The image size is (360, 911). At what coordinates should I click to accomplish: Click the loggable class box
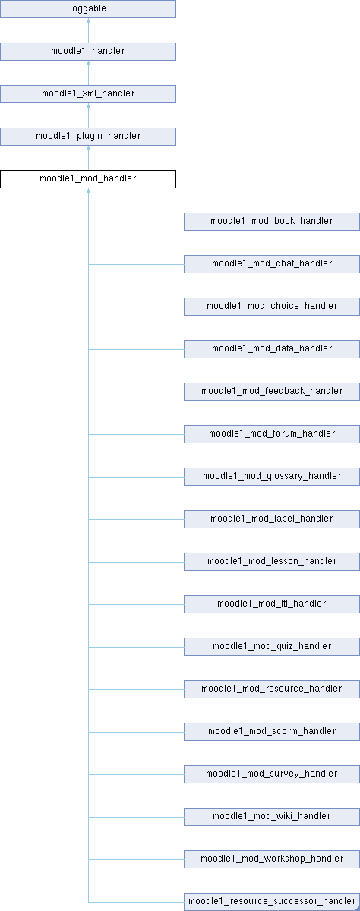point(88,9)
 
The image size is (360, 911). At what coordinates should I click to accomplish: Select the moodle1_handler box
point(88,52)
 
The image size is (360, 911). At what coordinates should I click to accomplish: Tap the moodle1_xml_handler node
point(88,94)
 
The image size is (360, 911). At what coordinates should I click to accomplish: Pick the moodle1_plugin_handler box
point(88,136)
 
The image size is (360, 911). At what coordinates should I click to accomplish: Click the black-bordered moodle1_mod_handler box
point(88,179)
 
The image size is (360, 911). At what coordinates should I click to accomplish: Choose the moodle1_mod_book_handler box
point(272,222)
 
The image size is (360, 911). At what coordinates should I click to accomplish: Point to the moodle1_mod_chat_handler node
point(272,264)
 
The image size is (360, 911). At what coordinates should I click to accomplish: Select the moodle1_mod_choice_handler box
point(272,307)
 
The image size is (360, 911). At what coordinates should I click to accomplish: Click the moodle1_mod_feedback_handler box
point(272,392)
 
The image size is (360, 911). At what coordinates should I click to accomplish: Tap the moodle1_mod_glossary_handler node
point(272,477)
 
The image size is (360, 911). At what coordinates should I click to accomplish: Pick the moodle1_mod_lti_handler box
point(272,604)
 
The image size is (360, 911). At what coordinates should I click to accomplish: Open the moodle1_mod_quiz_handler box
point(272,647)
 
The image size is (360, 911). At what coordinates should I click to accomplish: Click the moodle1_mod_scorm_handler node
point(272,732)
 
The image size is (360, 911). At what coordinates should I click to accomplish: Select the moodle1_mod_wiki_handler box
point(272,817)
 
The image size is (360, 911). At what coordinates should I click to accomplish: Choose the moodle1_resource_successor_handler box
point(272,902)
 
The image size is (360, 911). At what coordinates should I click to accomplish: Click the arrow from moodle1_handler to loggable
point(88,30)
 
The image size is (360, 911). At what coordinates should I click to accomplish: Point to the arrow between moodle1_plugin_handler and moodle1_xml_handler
point(88,115)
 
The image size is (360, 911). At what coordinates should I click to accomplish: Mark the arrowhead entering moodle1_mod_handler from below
point(88,191)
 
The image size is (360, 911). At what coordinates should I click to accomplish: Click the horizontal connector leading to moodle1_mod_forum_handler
point(136,434)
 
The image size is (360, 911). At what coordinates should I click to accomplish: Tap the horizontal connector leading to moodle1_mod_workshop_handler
point(136,859)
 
